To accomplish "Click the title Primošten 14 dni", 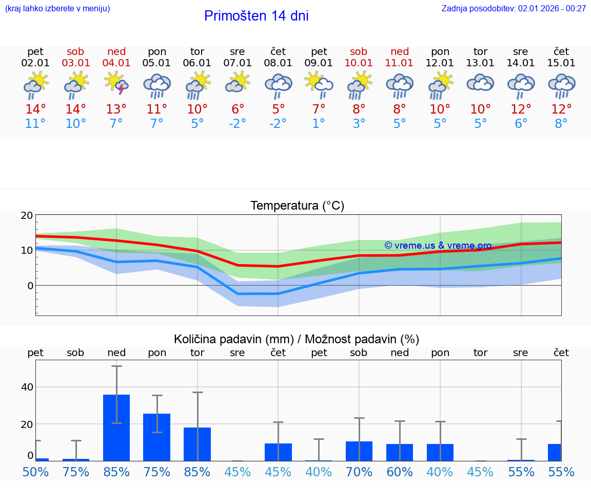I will click(x=256, y=16).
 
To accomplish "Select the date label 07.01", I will click(x=238, y=63).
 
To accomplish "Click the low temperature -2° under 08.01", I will click(x=278, y=124).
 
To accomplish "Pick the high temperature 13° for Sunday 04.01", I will click(x=116, y=109).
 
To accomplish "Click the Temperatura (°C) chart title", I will click(x=297, y=206).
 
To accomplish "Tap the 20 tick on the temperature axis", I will click(x=27, y=216).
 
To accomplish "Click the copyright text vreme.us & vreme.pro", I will click(x=438, y=246).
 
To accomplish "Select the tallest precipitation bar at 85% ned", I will click(x=116, y=428).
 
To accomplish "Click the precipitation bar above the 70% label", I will click(x=359, y=451).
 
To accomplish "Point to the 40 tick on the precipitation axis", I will click(x=27, y=387).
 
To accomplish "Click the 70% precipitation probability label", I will click(x=359, y=472).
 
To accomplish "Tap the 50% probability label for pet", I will click(x=35, y=472).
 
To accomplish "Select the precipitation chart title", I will click(x=296, y=339).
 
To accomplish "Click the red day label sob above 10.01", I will click(x=359, y=52).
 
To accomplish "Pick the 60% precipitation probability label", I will click(x=400, y=472).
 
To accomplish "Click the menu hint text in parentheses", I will click(x=57, y=8).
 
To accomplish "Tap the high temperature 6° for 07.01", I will click(x=238, y=109).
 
